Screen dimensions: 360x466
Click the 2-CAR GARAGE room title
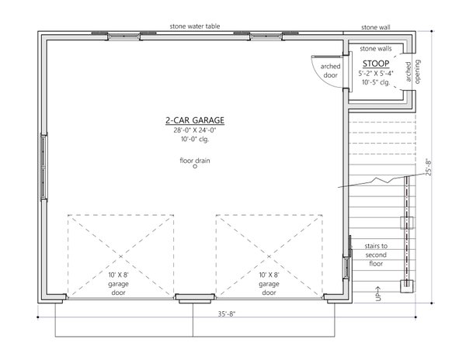pyautogui.click(x=194, y=120)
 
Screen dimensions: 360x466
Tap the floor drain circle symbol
pyautogui.click(x=195, y=171)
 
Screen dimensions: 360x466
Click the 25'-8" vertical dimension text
pyautogui.click(x=428, y=168)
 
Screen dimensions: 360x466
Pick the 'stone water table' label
pyautogui.click(x=195, y=26)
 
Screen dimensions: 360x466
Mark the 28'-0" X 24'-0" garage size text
pyautogui.click(x=194, y=130)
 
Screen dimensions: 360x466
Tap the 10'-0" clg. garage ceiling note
pyautogui.click(x=194, y=140)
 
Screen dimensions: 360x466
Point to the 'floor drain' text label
pyautogui.click(x=195, y=161)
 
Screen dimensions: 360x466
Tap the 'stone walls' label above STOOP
pyautogui.click(x=376, y=49)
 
